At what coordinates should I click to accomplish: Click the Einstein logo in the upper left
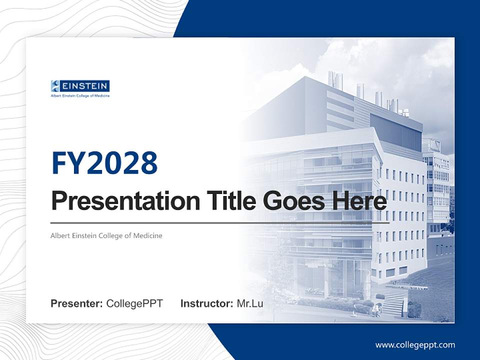[x=80, y=88]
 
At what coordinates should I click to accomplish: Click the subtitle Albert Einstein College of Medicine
[x=106, y=235]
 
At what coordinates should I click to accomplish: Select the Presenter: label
[x=76, y=303]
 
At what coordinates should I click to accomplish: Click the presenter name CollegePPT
[x=134, y=303]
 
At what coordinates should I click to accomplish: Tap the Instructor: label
[x=206, y=303]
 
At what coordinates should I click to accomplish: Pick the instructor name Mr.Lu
[x=250, y=303]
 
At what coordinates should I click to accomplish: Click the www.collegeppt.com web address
[x=415, y=345]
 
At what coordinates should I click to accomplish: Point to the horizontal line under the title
[x=220, y=222]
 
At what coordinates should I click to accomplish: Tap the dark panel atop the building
[x=395, y=131]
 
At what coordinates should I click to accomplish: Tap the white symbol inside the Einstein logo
[x=55, y=86]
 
